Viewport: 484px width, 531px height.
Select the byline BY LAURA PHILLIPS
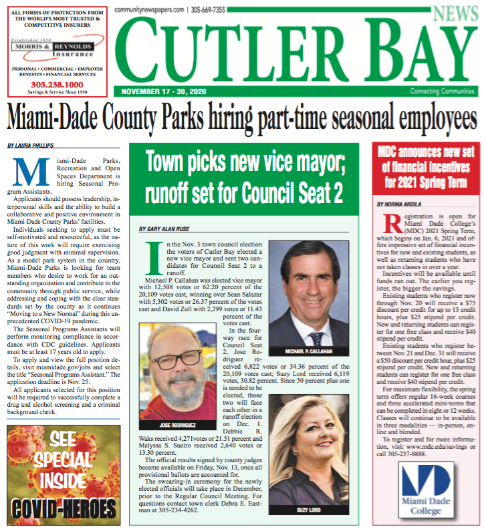pos(31,145)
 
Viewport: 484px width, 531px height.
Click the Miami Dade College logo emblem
pos(421,480)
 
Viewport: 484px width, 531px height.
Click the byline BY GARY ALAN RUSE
pos(164,229)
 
